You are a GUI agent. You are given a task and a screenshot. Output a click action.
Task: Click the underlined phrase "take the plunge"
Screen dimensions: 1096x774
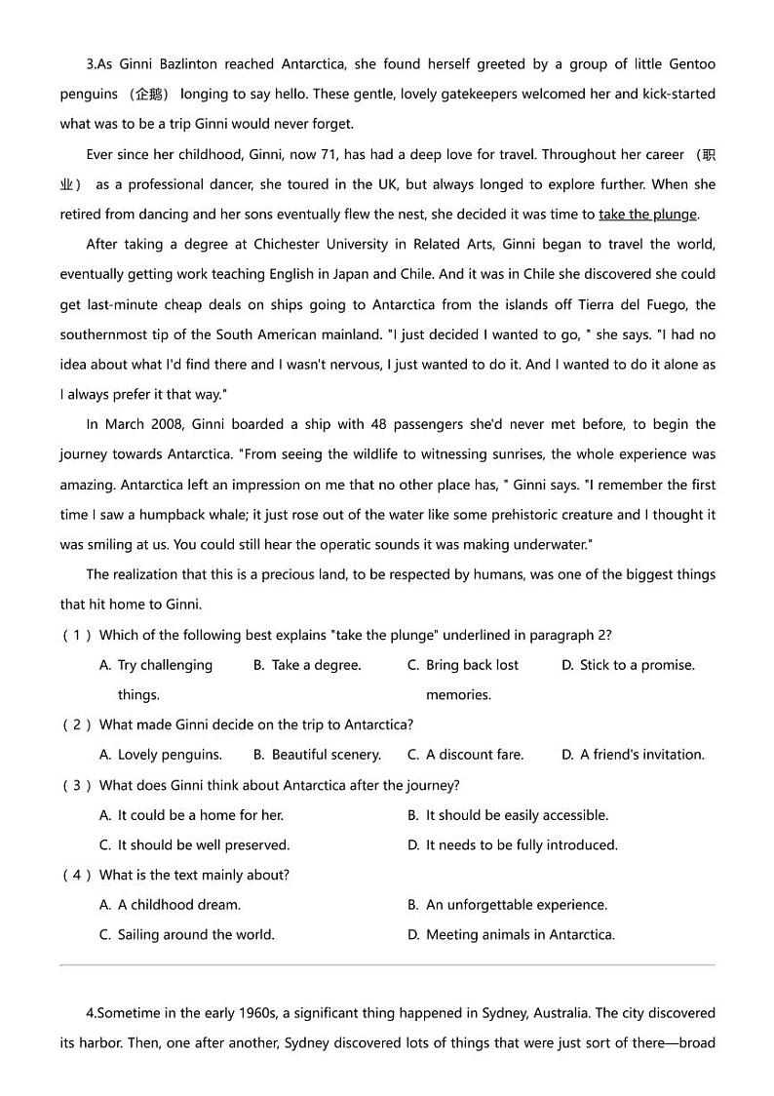tap(647, 215)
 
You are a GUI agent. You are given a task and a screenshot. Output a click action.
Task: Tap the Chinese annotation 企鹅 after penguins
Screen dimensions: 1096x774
tap(150, 95)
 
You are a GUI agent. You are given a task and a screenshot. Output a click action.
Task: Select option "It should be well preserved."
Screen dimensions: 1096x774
tap(203, 845)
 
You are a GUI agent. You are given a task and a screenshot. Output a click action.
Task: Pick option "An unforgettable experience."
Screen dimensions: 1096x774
tap(516, 905)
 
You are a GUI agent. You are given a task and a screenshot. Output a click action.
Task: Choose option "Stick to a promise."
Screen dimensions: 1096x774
tap(637, 665)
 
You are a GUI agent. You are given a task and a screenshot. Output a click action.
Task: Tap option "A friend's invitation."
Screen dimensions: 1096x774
tap(641, 755)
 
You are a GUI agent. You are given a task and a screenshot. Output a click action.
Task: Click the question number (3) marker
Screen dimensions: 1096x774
tap(77, 785)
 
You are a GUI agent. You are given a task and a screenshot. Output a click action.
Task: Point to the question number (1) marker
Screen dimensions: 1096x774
tap(77, 636)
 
